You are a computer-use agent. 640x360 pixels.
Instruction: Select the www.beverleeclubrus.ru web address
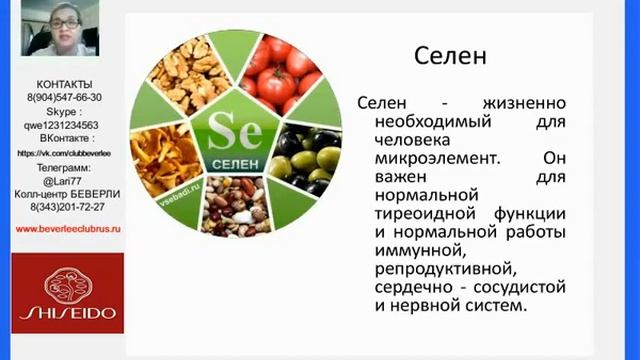tap(68, 228)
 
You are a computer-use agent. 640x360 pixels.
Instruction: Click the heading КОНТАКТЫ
tap(64, 84)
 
